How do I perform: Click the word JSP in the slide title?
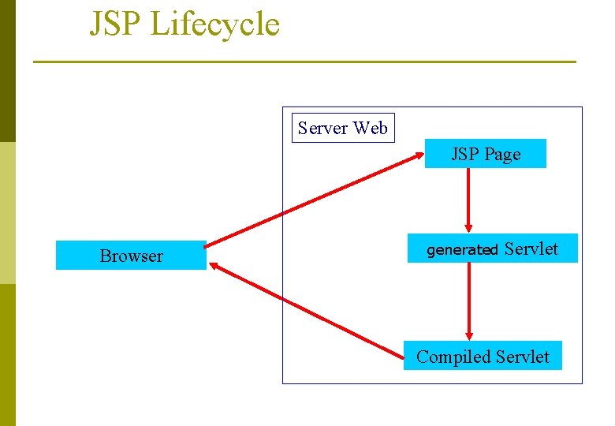click(x=115, y=24)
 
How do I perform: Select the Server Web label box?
click(x=343, y=128)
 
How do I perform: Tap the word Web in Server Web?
click(x=371, y=128)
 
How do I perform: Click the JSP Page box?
click(x=486, y=154)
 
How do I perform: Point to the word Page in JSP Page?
click(x=502, y=155)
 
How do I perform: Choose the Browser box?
click(x=131, y=256)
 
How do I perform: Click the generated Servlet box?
click(x=492, y=249)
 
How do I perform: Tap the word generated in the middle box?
click(x=462, y=251)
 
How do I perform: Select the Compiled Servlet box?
click(x=483, y=357)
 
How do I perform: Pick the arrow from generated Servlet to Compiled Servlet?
click(x=469, y=300)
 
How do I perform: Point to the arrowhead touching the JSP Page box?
click(x=418, y=155)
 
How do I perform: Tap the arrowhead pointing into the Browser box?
click(x=214, y=267)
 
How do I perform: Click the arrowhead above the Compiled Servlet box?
click(x=469, y=334)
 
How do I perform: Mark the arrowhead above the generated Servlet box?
click(x=469, y=227)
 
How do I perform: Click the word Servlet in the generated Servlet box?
click(x=531, y=249)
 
